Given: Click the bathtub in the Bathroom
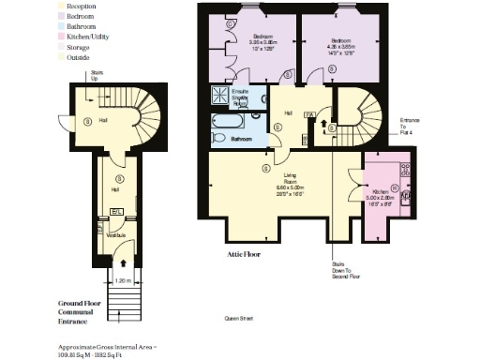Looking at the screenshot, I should (233, 121).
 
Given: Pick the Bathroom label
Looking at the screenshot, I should (242, 138).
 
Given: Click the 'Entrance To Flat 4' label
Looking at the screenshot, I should (410, 125).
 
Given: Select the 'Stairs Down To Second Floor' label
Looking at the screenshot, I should (339, 270).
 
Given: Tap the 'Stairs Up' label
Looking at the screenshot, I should (97, 75).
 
